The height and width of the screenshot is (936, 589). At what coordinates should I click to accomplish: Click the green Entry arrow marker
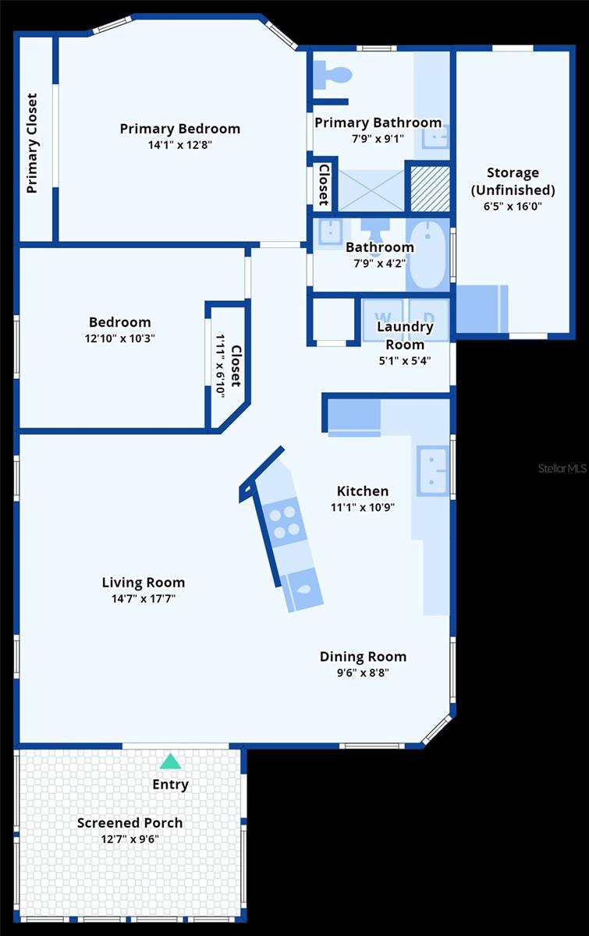click(x=170, y=761)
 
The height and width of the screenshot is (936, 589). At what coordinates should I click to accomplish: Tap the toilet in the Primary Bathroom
click(x=334, y=76)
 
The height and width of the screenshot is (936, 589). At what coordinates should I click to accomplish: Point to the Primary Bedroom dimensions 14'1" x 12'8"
click(x=180, y=145)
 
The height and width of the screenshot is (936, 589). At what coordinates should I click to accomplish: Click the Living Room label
click(x=144, y=582)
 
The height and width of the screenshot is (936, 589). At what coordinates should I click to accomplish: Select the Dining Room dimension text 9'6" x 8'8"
click(x=363, y=673)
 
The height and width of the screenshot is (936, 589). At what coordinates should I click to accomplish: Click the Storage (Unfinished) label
click(x=513, y=181)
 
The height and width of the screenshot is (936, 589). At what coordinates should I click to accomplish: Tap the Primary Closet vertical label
click(x=32, y=144)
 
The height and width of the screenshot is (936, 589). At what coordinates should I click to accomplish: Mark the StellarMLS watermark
click(x=561, y=469)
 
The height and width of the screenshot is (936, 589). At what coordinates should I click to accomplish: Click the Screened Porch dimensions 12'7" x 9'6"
click(x=130, y=839)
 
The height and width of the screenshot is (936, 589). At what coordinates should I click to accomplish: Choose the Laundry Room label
click(x=404, y=335)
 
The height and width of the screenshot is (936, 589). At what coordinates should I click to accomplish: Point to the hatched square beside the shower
click(x=430, y=188)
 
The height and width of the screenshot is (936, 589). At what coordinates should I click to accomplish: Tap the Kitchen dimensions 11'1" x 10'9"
click(x=363, y=507)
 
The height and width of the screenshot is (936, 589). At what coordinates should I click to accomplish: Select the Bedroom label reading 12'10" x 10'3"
click(x=119, y=339)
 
